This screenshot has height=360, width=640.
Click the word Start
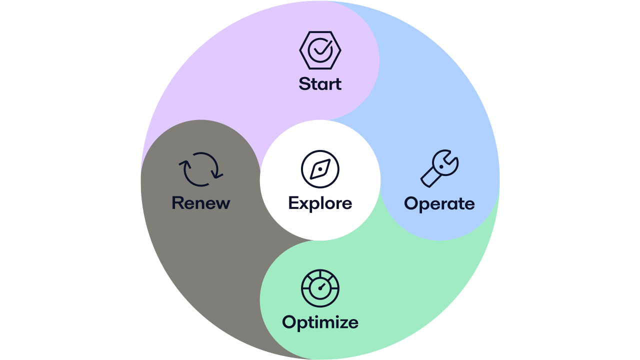click(320, 83)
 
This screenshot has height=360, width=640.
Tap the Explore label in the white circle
click(320, 203)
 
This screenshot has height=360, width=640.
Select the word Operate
click(439, 203)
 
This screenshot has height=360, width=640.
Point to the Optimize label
click(320, 322)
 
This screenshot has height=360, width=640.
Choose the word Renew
click(200, 203)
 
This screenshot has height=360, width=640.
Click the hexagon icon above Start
click(320, 50)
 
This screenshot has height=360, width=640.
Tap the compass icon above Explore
click(320, 169)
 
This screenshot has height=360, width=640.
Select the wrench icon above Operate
click(439, 169)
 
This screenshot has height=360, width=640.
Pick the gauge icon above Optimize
click(320, 288)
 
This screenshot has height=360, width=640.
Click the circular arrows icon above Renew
click(200, 169)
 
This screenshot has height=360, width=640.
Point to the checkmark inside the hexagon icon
click(320, 49)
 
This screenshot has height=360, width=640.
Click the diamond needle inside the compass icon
click(320, 169)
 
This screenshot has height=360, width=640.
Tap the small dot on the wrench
click(441, 166)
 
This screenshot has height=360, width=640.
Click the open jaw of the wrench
click(450, 159)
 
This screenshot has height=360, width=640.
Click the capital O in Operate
click(411, 203)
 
